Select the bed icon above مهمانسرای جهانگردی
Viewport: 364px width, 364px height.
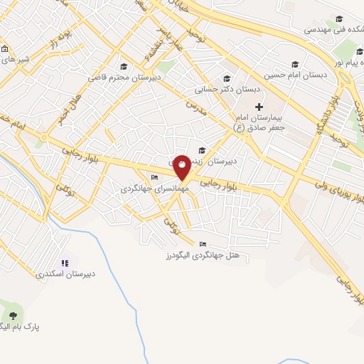(x=154, y=178)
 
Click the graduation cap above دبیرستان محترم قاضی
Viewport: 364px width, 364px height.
(x=124, y=65)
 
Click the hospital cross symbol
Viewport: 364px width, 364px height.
(x=259, y=107)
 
